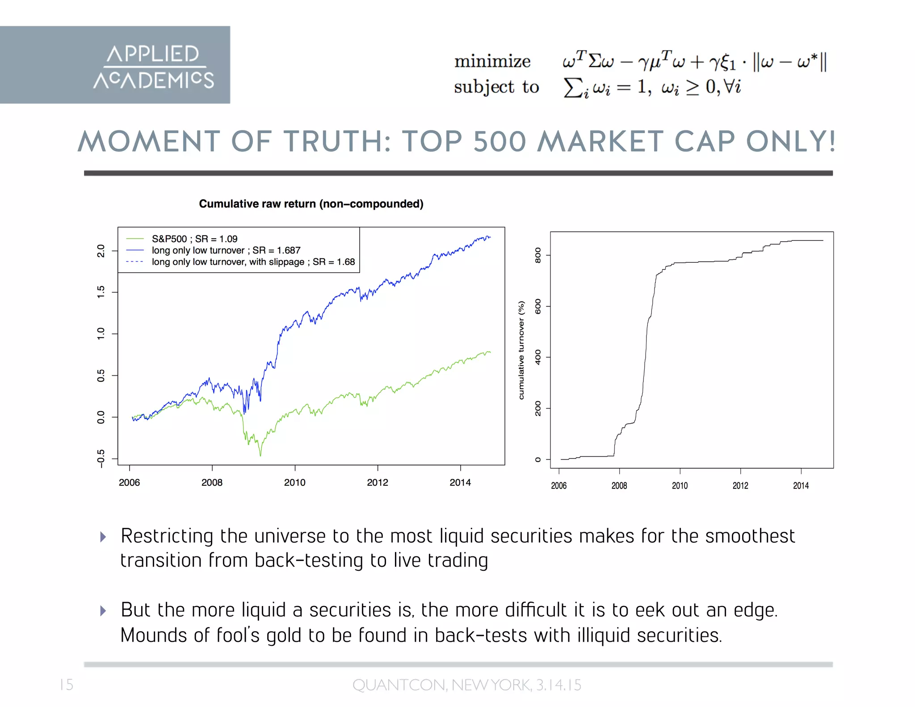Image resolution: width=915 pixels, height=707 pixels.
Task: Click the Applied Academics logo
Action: (153, 66)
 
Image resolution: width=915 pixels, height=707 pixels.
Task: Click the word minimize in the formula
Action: (492, 61)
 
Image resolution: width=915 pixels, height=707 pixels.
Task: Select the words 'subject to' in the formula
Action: (496, 87)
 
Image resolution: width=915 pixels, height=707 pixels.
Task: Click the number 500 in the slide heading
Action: (499, 142)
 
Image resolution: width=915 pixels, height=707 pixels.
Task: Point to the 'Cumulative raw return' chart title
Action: (311, 204)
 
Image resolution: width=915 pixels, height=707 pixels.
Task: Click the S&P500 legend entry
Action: (194, 239)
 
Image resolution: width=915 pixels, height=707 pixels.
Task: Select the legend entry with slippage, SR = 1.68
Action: (253, 262)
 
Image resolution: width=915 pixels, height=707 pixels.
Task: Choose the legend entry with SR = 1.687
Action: (226, 250)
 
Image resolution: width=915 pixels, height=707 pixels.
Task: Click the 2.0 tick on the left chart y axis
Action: (101, 251)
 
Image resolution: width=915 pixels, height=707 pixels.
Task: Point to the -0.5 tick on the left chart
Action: (101, 459)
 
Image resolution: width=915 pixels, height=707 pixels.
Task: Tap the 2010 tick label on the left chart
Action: (295, 483)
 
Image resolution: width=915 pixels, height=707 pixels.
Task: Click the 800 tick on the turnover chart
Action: (538, 255)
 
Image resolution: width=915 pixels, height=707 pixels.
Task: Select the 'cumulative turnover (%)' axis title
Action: (521, 350)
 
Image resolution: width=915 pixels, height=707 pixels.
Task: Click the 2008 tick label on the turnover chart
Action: (619, 486)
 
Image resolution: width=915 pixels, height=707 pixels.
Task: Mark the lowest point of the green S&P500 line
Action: (260, 455)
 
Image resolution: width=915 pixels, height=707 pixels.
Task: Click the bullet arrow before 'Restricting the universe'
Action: (103, 537)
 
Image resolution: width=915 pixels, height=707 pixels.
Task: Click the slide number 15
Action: (66, 685)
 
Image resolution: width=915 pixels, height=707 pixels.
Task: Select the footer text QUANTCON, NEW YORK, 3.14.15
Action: (467, 685)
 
